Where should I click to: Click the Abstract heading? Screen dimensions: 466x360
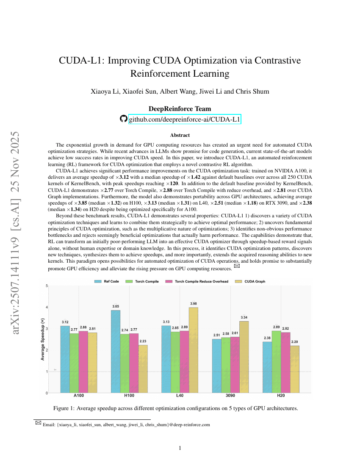point(180,136)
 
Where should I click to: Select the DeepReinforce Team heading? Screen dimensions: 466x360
point(180,109)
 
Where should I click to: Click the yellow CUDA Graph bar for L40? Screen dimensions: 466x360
point(194,350)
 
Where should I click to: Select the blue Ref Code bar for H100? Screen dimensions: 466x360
point(116,352)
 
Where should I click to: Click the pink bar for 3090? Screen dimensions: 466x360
point(235,365)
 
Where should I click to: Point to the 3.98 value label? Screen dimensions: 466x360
point(194,304)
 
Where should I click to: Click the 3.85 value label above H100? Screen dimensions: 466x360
point(116,306)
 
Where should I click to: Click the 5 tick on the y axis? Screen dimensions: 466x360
point(46,286)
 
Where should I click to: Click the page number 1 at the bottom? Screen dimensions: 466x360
point(180,448)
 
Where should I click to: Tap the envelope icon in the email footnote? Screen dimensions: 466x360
point(38,422)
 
